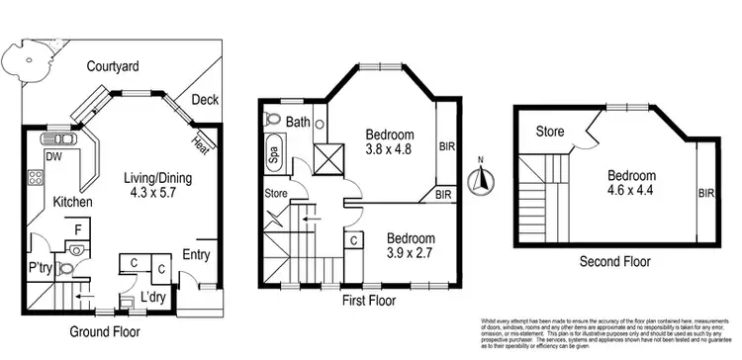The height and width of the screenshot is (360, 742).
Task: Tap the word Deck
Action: pyautogui.click(x=205, y=99)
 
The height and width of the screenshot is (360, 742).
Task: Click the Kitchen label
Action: pyautogui.click(x=72, y=202)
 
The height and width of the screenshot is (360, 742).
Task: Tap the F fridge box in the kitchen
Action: pyautogui.click(x=77, y=228)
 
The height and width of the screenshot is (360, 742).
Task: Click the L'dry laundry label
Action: pyautogui.click(x=152, y=297)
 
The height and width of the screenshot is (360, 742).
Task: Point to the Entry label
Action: pyautogui.click(x=197, y=256)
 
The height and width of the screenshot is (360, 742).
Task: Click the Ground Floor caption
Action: pyautogui.click(x=107, y=332)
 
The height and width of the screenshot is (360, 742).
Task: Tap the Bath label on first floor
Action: pyautogui.click(x=298, y=123)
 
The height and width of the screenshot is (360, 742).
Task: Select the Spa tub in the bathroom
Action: pyautogui.click(x=273, y=155)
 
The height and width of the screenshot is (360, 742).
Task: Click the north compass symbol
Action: pyautogui.click(x=480, y=179)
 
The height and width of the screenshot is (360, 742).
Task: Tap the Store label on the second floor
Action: pyautogui.click(x=550, y=131)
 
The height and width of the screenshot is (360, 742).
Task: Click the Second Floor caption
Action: pyautogui.click(x=615, y=262)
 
